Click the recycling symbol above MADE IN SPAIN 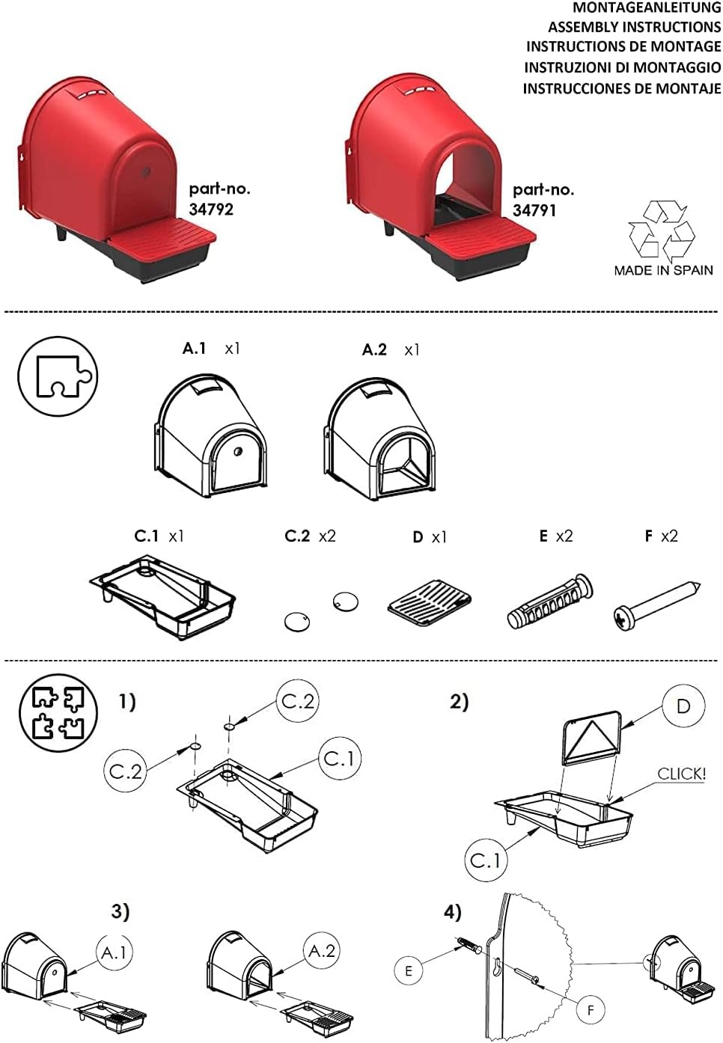pyautogui.click(x=662, y=230)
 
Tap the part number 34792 pyautogui.click(x=211, y=209)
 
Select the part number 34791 pyautogui.click(x=534, y=210)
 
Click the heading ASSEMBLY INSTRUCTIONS pyautogui.click(x=634, y=27)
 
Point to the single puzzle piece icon pyautogui.click(x=58, y=376)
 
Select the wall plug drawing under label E pyautogui.click(x=549, y=602)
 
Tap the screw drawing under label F pyautogui.click(x=656, y=605)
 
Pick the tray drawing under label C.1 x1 pyautogui.click(x=162, y=596)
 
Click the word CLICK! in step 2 pyautogui.click(x=681, y=774)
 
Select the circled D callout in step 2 pyautogui.click(x=683, y=706)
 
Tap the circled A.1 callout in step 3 pyautogui.click(x=115, y=952)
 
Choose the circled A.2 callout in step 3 pyautogui.click(x=323, y=951)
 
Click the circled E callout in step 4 pyautogui.click(x=409, y=971)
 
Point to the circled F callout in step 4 pyautogui.click(x=591, y=1010)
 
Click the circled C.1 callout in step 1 pyautogui.click(x=340, y=759)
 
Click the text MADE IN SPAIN pyautogui.click(x=663, y=271)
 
